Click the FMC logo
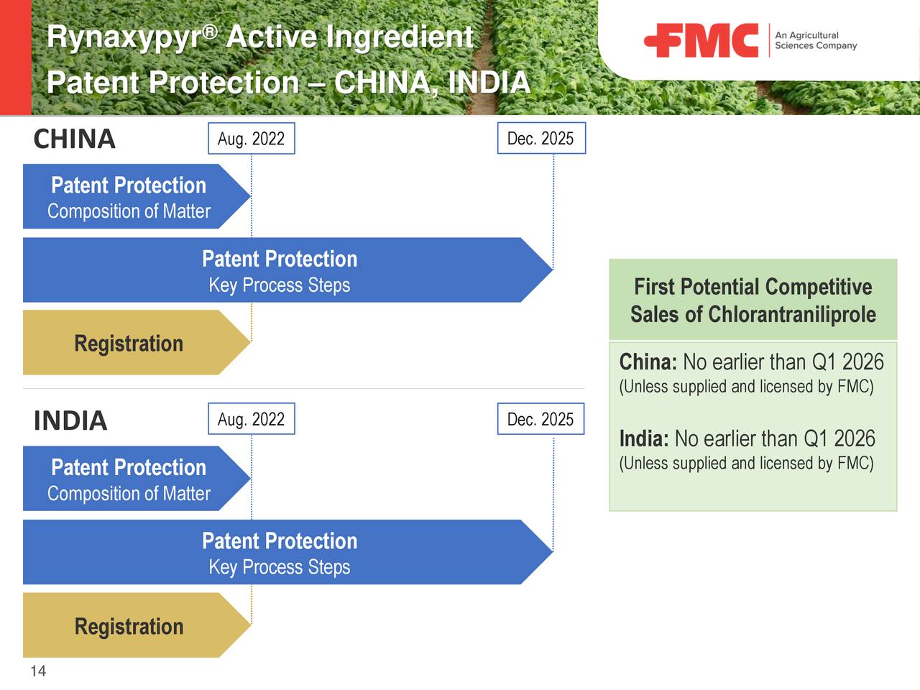coord(701,40)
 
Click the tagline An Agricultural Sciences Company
coord(815,40)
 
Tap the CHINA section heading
coord(74,139)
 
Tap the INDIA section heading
coord(70,420)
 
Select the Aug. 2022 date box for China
coord(252,139)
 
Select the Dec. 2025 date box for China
coord(540,139)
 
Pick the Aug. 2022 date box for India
coord(252,419)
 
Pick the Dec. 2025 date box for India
coord(540,419)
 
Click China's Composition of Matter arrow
coord(129,197)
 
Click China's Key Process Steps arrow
coord(280,270)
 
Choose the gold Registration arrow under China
coord(129,343)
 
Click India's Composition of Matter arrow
coord(129,479)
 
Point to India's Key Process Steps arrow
coord(280,553)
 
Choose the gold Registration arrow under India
coord(129,626)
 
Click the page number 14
coord(38,671)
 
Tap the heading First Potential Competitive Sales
coord(753,287)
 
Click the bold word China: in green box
coord(648,362)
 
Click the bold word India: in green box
coord(644,438)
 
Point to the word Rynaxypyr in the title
coord(124,37)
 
